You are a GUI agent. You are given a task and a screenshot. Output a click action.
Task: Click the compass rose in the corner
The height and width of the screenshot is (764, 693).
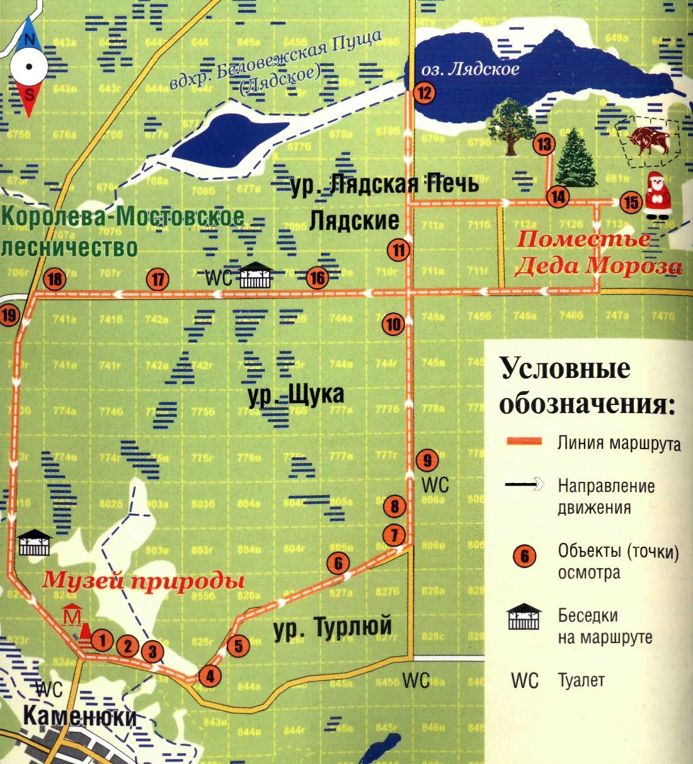pyautogui.click(x=28, y=67)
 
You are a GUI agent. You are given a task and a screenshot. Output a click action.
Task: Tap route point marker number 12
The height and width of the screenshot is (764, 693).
pyautogui.click(x=425, y=93)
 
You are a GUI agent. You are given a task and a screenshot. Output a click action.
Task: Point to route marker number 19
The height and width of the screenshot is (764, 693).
pyautogui.click(x=9, y=314)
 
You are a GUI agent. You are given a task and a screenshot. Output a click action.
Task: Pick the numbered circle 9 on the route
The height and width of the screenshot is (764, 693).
pyautogui.click(x=427, y=460)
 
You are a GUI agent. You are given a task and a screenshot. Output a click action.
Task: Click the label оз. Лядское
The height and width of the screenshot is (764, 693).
pyautogui.click(x=470, y=69)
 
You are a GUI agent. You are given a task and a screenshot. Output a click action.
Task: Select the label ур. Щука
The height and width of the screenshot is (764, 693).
pyautogui.click(x=296, y=396)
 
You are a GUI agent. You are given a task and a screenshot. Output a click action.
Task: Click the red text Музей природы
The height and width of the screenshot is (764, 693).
pyautogui.click(x=143, y=580)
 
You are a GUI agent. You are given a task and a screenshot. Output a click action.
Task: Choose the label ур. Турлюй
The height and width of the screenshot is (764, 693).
pyautogui.click(x=333, y=627)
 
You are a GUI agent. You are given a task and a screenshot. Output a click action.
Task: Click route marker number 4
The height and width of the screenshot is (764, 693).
pyautogui.click(x=210, y=676)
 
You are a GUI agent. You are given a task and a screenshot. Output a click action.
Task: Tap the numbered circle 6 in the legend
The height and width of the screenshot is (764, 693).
pyautogui.click(x=524, y=556)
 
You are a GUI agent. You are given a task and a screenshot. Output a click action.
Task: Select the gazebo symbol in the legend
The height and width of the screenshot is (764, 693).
pyautogui.click(x=524, y=617)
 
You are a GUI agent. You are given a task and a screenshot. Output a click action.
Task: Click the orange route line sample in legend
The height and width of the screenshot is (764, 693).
pyautogui.click(x=524, y=442)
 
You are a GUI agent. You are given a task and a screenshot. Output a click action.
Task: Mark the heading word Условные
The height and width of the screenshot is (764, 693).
pyautogui.click(x=564, y=368)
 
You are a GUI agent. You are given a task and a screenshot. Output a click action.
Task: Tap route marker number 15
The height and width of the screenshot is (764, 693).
pyautogui.click(x=630, y=202)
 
